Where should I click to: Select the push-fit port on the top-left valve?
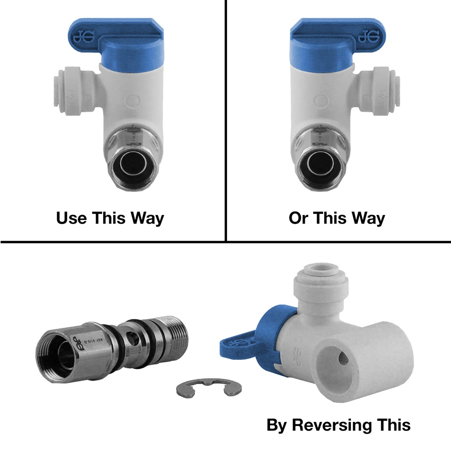pyautogui.click(x=63, y=90)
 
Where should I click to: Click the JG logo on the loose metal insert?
pyautogui.click(x=81, y=341)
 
